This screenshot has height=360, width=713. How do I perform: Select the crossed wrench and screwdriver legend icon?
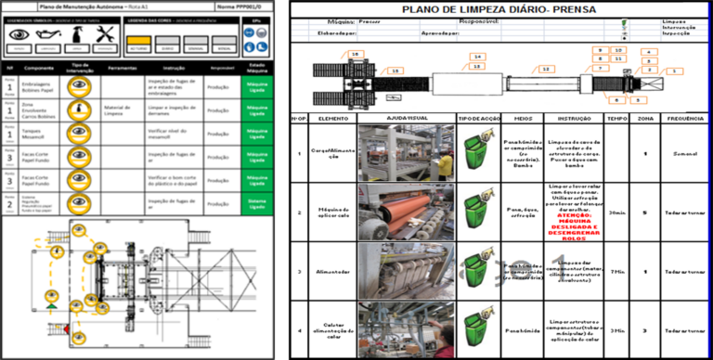point(105,34)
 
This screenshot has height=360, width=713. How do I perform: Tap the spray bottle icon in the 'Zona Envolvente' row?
point(81,109)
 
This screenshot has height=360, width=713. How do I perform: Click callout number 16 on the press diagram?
point(356,55)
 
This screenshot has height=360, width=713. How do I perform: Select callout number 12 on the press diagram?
point(547,70)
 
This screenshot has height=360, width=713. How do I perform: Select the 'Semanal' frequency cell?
point(686,153)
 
